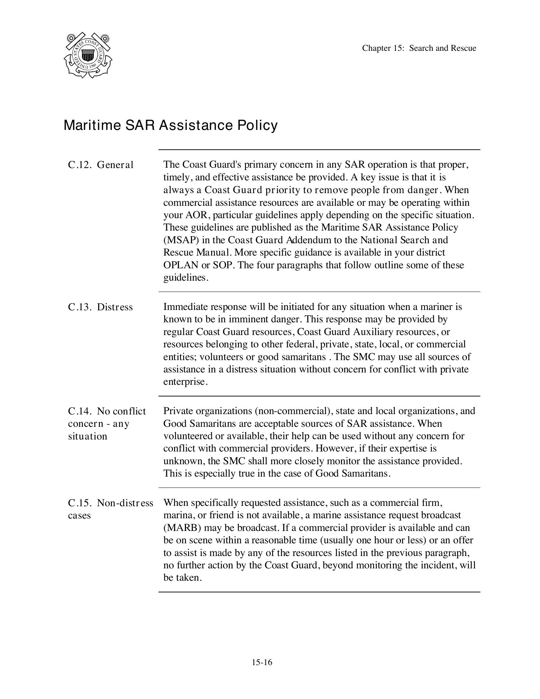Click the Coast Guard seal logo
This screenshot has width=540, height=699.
pyautogui.click(x=88, y=55)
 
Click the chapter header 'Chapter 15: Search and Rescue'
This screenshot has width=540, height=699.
pyautogui.click(x=419, y=48)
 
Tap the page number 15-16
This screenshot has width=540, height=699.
pyautogui.click(x=262, y=662)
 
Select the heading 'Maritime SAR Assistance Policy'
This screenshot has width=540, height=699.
pyautogui.click(x=170, y=125)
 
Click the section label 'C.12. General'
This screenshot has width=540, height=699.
pyautogui.click(x=101, y=165)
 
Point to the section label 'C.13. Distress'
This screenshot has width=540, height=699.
pyautogui.click(x=100, y=307)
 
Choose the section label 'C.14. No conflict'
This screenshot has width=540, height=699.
pyautogui.click(x=107, y=411)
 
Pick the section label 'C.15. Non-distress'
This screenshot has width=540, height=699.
pyautogui.click(x=110, y=503)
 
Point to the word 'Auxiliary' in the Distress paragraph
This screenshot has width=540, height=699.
pyautogui.click(x=373, y=332)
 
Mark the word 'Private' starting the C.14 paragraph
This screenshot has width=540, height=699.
pyautogui.click(x=178, y=411)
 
